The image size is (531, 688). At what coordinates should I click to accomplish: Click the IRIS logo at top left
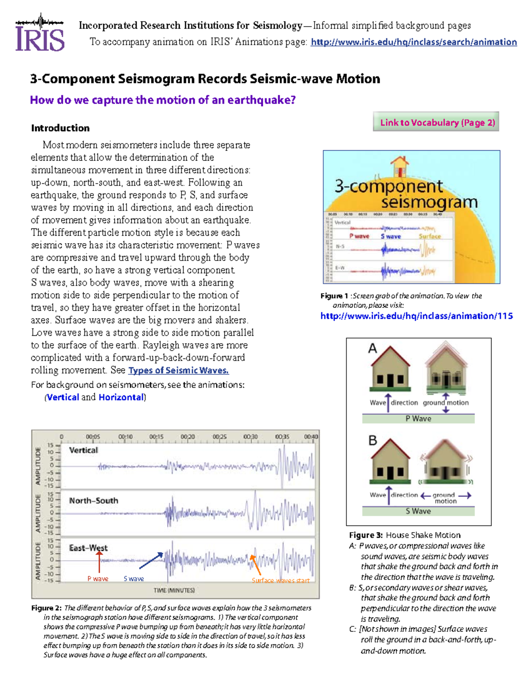[40, 33]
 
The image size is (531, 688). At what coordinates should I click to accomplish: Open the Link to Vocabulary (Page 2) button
[437, 122]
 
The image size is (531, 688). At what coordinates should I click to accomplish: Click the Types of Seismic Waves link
[178, 370]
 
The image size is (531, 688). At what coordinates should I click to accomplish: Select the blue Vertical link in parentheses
[63, 397]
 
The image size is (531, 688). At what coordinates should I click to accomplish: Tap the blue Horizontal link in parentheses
[121, 397]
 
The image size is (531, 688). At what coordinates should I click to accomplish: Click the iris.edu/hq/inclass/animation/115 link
[416, 316]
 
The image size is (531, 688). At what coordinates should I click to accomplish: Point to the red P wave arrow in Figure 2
[100, 562]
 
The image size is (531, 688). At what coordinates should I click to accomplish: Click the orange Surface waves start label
[281, 580]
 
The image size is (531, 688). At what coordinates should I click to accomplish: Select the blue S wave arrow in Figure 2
[151, 561]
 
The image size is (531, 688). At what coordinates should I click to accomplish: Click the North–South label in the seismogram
[93, 501]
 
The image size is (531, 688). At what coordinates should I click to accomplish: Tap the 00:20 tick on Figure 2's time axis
[188, 436]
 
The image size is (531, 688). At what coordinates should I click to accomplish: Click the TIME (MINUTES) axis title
[174, 590]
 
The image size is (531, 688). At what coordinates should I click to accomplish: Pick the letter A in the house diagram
[373, 349]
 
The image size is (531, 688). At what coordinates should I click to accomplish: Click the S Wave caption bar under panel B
[418, 511]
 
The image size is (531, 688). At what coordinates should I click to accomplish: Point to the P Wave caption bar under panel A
[418, 419]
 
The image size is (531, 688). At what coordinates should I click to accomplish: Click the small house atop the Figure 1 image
[400, 166]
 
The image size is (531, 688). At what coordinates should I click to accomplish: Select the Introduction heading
[60, 128]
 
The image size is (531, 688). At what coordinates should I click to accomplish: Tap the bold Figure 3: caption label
[366, 535]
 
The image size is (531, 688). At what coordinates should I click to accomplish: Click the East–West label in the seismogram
[88, 548]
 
